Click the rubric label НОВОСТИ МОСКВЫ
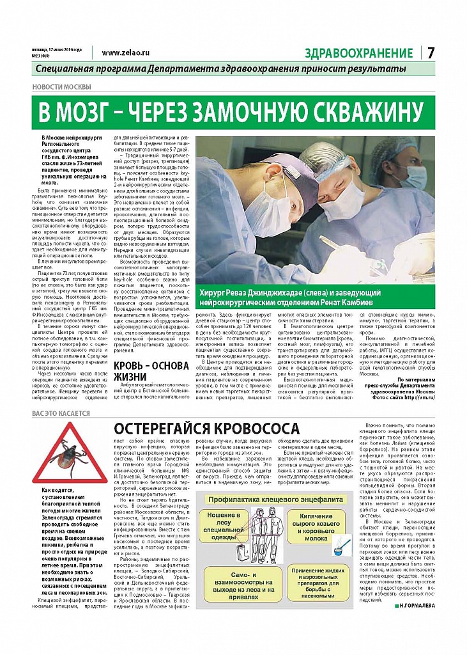(61, 87)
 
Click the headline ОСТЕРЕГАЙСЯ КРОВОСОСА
(207, 428)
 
